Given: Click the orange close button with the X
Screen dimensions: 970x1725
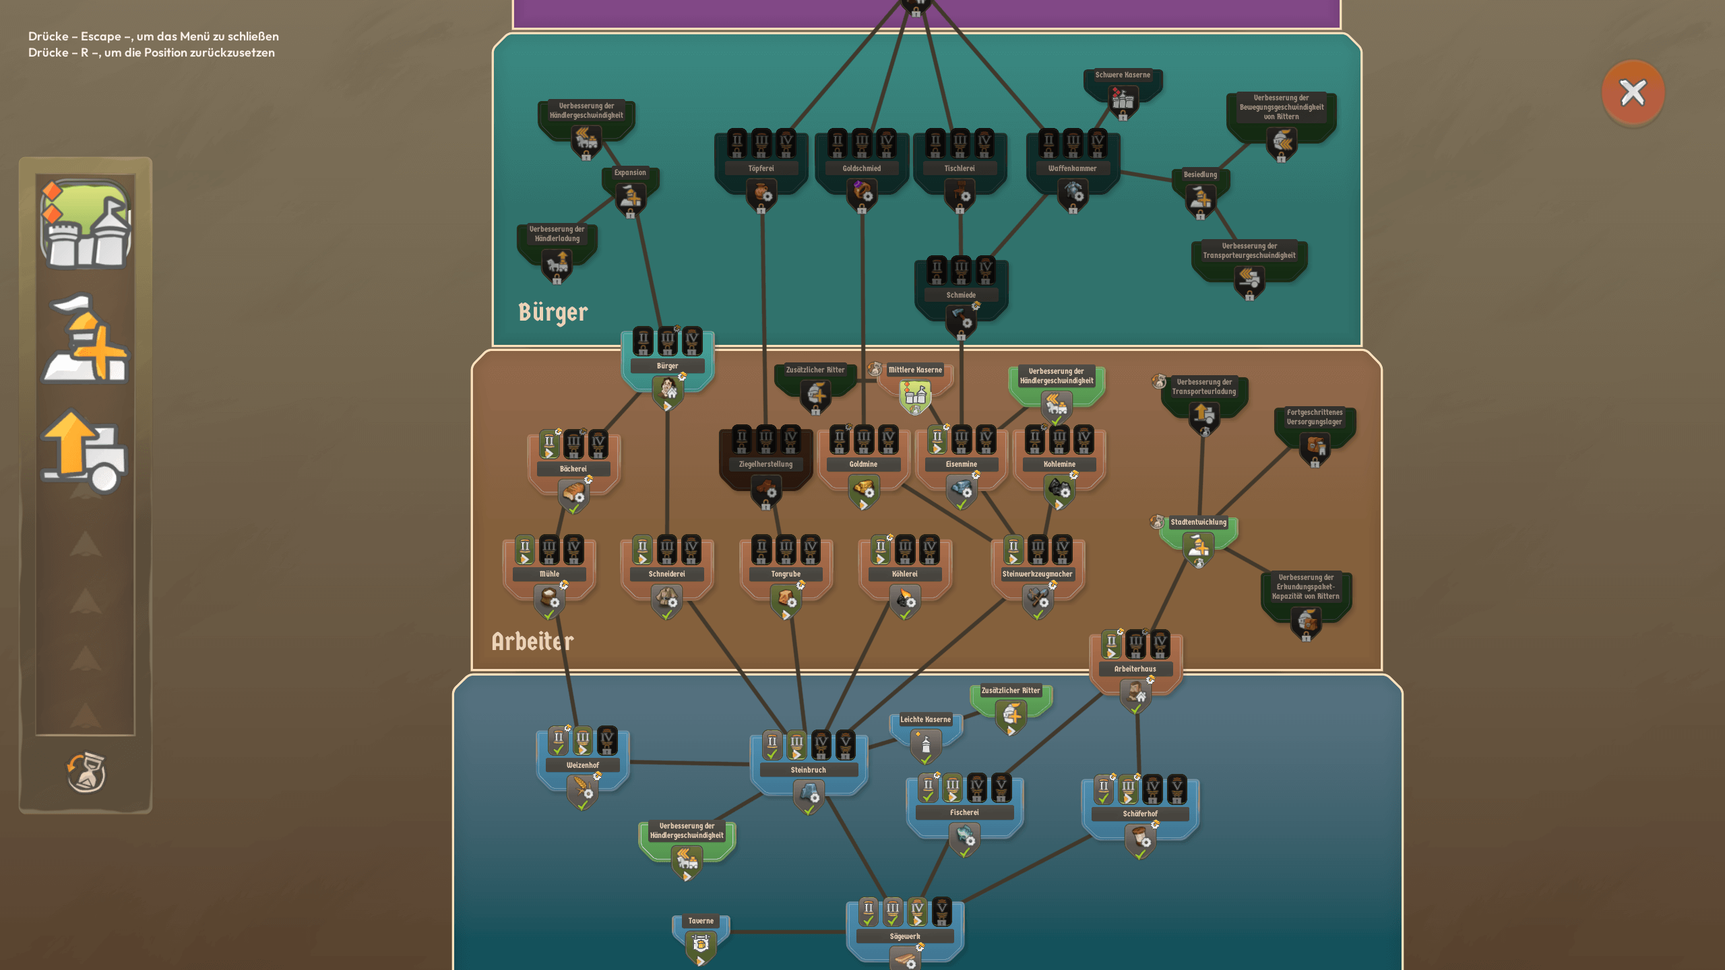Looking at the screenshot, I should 1633,93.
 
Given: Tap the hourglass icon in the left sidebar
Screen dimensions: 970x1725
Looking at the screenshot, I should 86,772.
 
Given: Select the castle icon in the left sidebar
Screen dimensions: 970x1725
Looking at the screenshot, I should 86,224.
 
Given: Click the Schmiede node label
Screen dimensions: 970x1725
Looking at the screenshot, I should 961,295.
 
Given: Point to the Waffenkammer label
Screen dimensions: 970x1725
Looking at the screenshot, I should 1072,168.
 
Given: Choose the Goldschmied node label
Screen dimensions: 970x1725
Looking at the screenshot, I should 862,168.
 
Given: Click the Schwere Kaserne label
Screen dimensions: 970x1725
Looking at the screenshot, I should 1123,75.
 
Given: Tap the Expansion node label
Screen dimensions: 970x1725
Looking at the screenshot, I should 630,172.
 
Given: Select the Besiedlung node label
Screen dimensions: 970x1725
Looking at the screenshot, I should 1200,174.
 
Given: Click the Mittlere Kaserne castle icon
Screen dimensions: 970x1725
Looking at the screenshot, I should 915,396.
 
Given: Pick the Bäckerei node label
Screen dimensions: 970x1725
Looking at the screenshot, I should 573,469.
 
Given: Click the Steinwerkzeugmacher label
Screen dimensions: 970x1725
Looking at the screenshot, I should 1037,574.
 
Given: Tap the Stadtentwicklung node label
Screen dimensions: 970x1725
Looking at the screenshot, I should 1199,522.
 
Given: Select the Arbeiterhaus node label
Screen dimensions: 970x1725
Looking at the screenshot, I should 1135,669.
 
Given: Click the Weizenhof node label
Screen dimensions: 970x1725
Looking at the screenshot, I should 583,765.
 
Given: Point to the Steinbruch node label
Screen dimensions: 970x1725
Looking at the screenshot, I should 808,770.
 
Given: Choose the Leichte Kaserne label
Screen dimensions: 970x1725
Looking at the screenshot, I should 925,719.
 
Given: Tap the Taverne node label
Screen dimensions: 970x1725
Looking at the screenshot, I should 701,921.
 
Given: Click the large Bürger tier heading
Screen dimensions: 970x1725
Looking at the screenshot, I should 553,313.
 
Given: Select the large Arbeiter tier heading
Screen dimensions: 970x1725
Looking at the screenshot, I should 532,641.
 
